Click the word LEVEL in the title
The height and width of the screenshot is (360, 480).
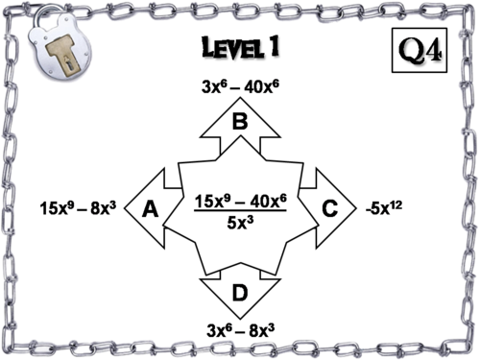click(228, 47)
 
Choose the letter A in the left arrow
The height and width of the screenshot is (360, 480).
click(150, 208)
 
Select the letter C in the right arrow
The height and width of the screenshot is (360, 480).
click(329, 208)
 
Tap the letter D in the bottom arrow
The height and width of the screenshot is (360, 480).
click(240, 291)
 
